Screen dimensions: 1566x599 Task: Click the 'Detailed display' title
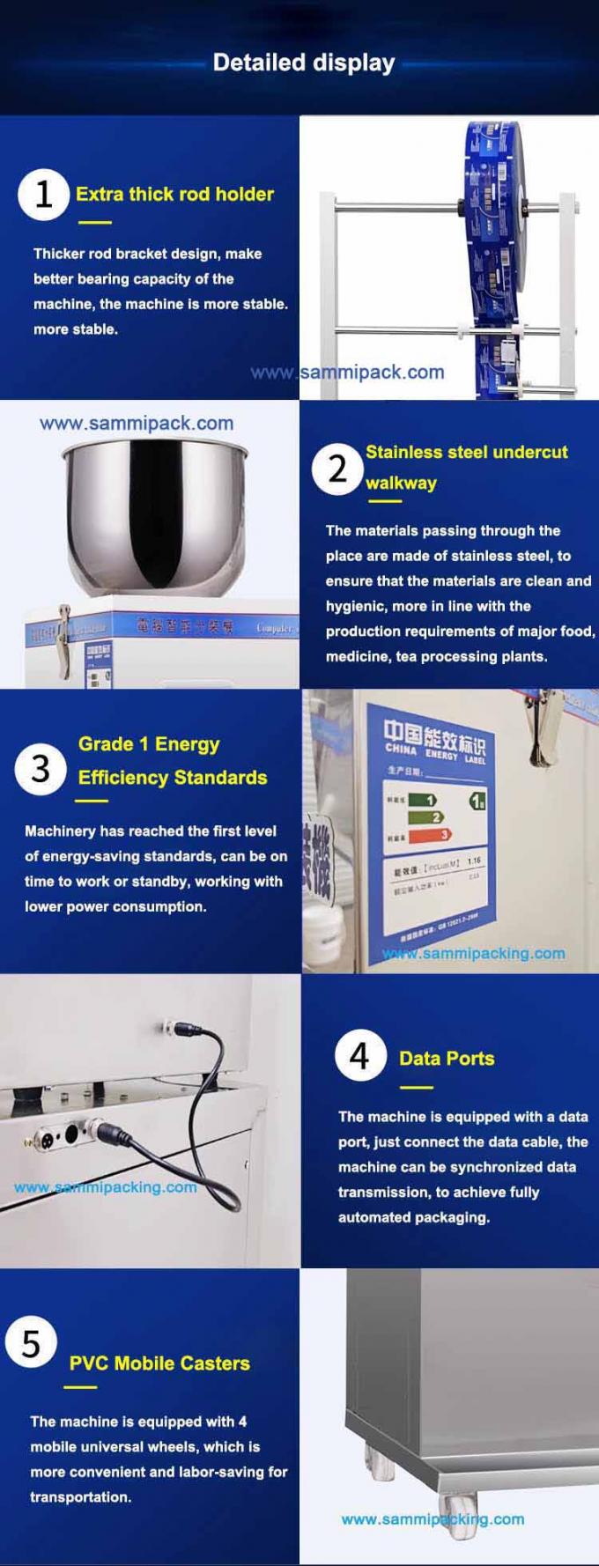[x=304, y=63]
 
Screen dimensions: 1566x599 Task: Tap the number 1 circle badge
[x=43, y=195]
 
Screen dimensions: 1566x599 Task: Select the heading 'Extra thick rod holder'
[x=174, y=194]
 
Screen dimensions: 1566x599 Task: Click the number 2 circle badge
[x=337, y=469]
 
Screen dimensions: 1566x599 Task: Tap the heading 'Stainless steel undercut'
[x=466, y=452]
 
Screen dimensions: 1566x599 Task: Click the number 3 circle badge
[x=41, y=769]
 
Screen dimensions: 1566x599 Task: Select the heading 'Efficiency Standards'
[x=173, y=778]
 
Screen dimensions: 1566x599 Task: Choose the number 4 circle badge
[x=359, y=1055]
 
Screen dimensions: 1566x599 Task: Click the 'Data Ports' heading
[x=447, y=1059]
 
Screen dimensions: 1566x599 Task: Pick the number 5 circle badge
[x=31, y=1344]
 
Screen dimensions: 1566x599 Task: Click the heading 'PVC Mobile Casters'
[x=159, y=1363]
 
